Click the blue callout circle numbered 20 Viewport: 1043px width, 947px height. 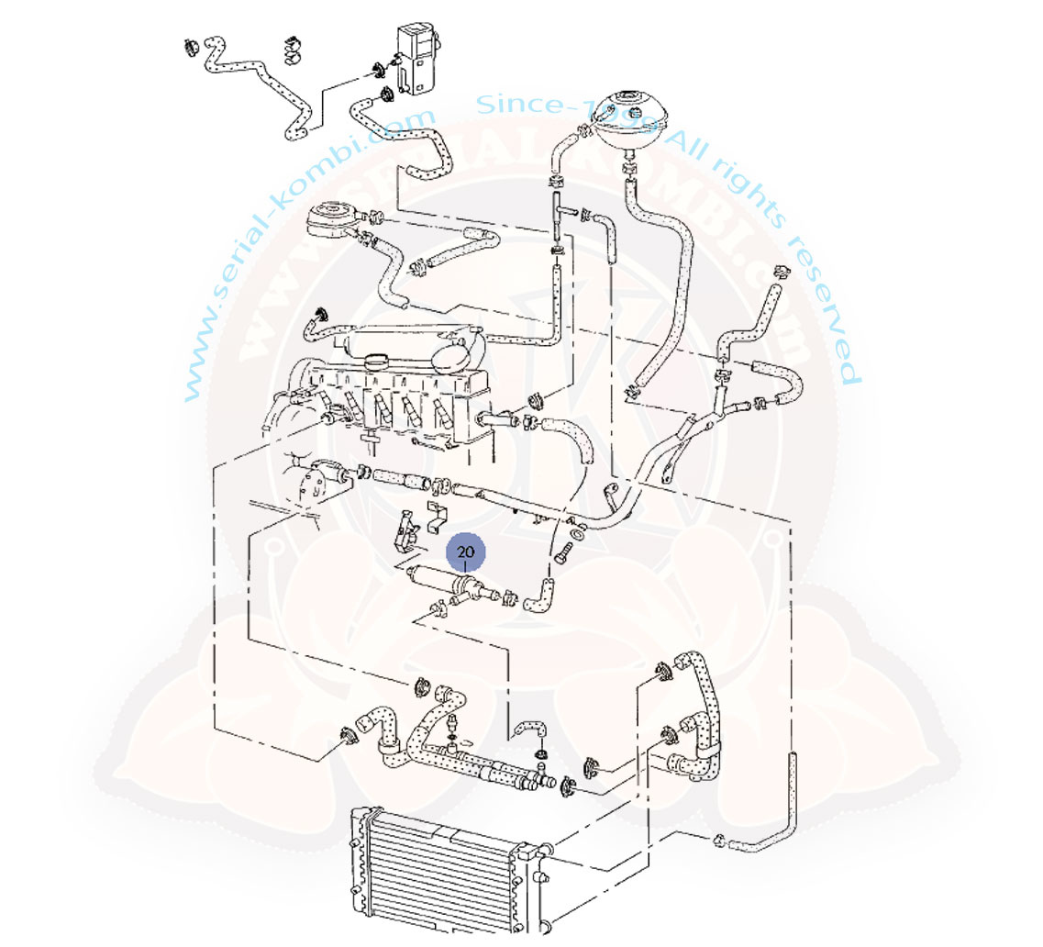tap(466, 552)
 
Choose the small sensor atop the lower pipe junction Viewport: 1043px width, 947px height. tap(453, 725)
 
